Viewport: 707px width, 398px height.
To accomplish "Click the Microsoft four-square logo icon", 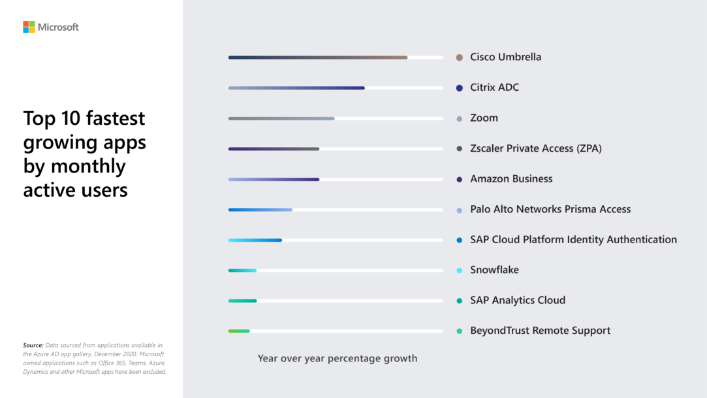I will [x=29, y=27].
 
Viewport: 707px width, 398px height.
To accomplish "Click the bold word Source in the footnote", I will [x=33, y=345].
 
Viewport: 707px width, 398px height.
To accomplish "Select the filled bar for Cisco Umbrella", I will [x=318, y=58].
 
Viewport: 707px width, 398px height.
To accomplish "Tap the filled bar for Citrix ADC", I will [x=296, y=88].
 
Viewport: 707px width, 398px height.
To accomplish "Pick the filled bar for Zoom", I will [x=281, y=118].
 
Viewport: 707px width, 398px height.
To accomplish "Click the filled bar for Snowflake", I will [x=242, y=271].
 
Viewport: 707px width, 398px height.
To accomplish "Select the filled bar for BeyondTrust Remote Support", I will [x=239, y=331].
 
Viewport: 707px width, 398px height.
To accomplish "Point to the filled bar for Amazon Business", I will [x=274, y=179].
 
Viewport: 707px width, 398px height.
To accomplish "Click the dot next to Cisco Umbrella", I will [x=460, y=58].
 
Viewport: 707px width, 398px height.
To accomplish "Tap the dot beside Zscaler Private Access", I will [x=460, y=149].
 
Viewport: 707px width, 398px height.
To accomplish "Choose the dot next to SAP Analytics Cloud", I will [x=460, y=301].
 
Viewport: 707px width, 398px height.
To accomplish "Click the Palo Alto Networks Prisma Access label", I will [x=550, y=209].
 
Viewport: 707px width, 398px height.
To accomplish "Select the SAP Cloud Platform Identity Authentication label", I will [x=573, y=240].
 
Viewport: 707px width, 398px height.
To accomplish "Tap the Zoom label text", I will [x=484, y=118].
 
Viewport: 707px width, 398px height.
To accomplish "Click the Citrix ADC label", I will [x=494, y=88].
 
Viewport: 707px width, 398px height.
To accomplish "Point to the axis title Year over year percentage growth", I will [x=337, y=358].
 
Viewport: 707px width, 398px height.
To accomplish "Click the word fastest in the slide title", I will [x=112, y=118].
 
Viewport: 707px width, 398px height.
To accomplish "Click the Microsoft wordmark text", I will [x=58, y=27].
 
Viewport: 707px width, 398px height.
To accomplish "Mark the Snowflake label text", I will [x=494, y=271].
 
